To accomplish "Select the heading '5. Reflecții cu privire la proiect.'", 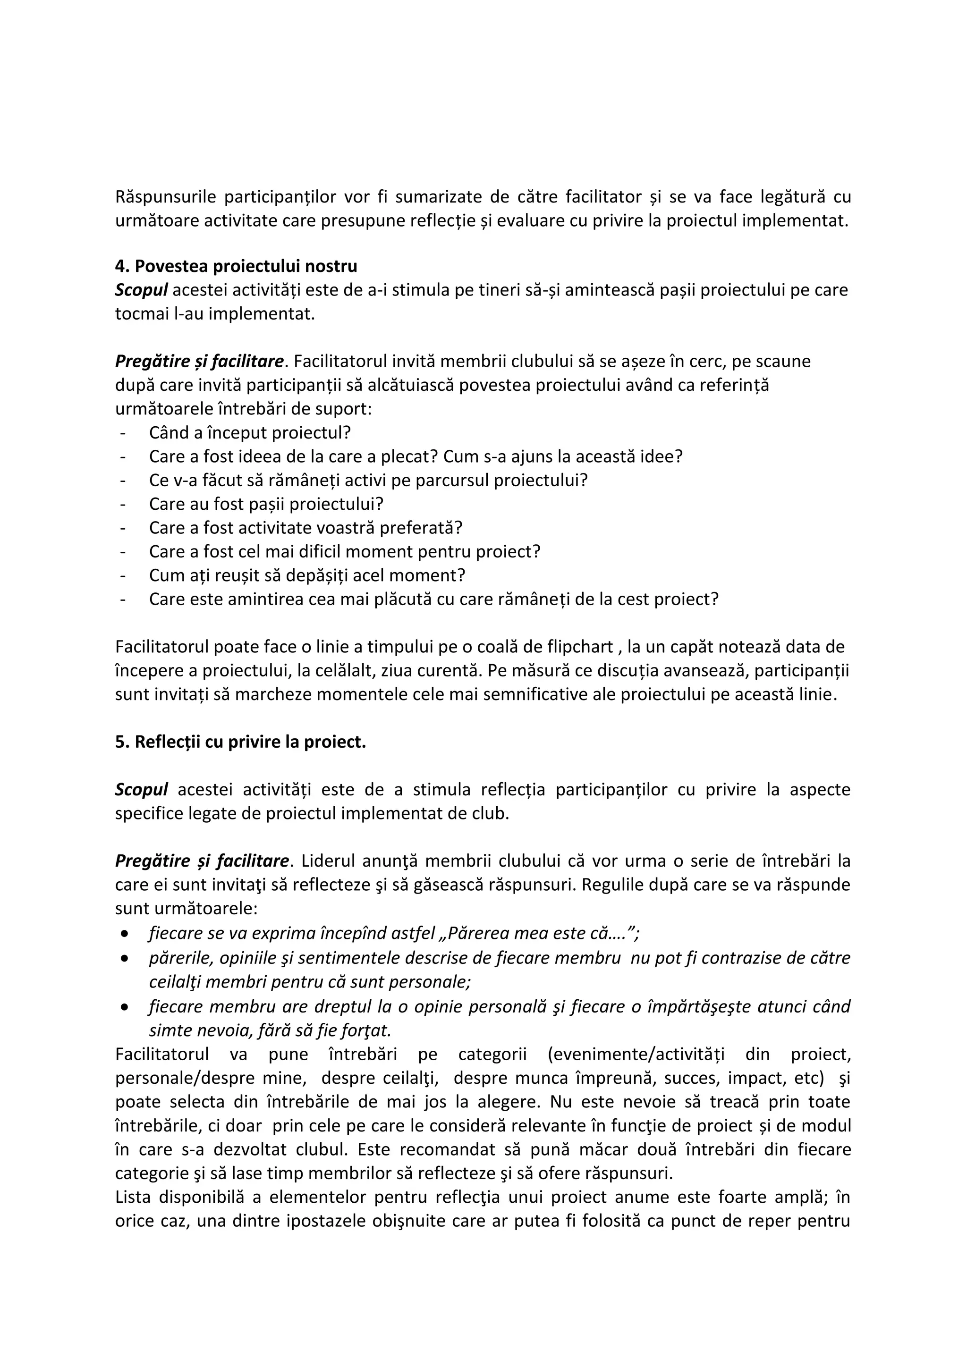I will click(240, 742).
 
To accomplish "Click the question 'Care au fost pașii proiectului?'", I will click(266, 504).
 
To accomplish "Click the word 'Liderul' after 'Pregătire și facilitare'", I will click(328, 861).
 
